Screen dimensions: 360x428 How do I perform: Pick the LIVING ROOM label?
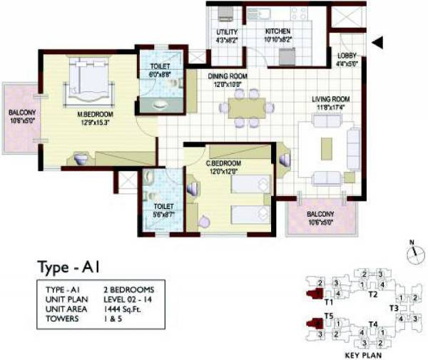(x=329, y=99)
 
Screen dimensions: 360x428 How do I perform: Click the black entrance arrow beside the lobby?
(x=378, y=43)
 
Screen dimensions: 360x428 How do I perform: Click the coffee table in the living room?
(x=326, y=147)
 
